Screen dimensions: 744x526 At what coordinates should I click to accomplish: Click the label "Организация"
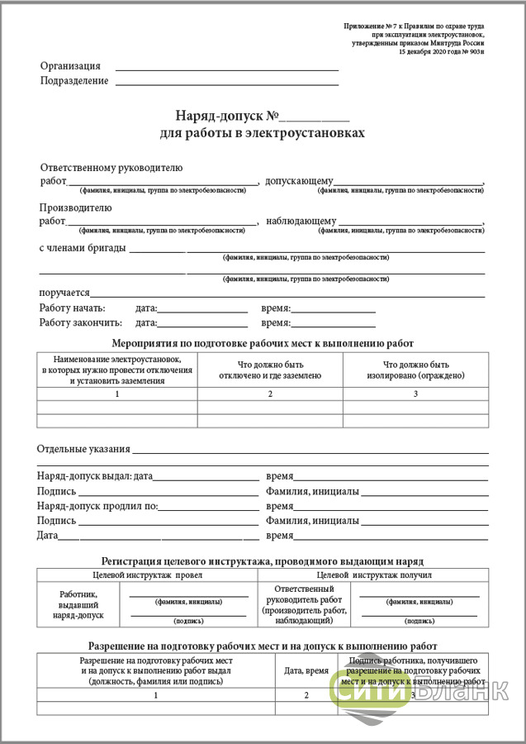(70, 66)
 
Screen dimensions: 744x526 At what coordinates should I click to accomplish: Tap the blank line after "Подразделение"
(227, 83)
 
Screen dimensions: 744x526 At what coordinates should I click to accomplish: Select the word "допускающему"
(299, 181)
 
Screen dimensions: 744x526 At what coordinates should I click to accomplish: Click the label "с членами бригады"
(82, 247)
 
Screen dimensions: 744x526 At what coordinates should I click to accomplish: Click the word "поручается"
(64, 293)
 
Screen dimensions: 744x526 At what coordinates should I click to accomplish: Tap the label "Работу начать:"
(72, 308)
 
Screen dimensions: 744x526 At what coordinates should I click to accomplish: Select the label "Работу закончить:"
(80, 322)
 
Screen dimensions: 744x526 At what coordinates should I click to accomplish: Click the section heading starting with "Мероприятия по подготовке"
(263, 342)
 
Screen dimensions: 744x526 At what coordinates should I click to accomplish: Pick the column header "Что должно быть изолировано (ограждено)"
(415, 370)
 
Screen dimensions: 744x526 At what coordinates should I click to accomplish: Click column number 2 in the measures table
(270, 394)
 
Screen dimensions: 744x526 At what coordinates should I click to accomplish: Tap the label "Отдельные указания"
(83, 449)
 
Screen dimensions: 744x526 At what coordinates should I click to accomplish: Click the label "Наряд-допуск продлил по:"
(97, 506)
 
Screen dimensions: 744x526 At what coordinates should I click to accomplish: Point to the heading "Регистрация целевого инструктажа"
(263, 560)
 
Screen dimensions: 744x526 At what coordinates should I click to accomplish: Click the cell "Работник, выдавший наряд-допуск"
(78, 604)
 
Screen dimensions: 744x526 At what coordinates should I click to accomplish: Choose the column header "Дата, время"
(306, 671)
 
